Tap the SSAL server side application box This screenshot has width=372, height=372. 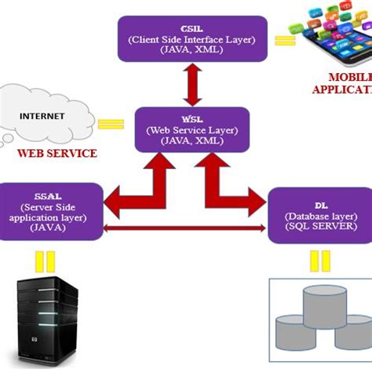(x=50, y=210)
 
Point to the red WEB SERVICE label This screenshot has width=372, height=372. (x=57, y=154)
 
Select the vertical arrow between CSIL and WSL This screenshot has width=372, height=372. (x=189, y=83)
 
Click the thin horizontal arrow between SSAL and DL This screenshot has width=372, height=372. (x=185, y=228)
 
